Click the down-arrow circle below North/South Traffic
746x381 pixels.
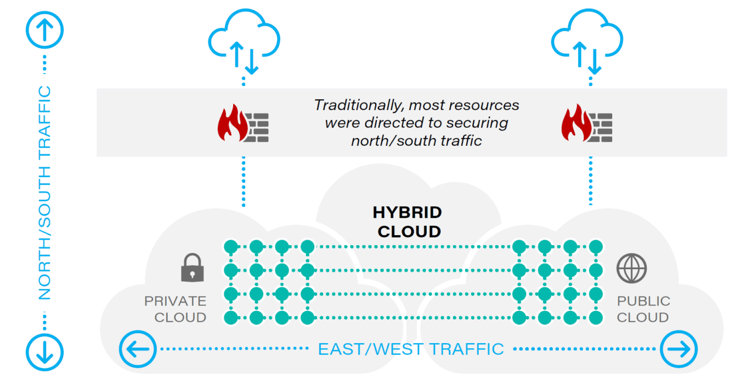point(45,350)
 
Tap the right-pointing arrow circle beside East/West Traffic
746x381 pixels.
point(679,349)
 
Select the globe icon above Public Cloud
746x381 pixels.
point(631,268)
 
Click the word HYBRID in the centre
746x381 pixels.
point(407,213)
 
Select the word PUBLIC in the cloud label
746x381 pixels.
point(643,301)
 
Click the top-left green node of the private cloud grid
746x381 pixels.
point(231,247)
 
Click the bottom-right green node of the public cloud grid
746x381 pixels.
point(596,317)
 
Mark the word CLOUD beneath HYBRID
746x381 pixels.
point(409,231)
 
